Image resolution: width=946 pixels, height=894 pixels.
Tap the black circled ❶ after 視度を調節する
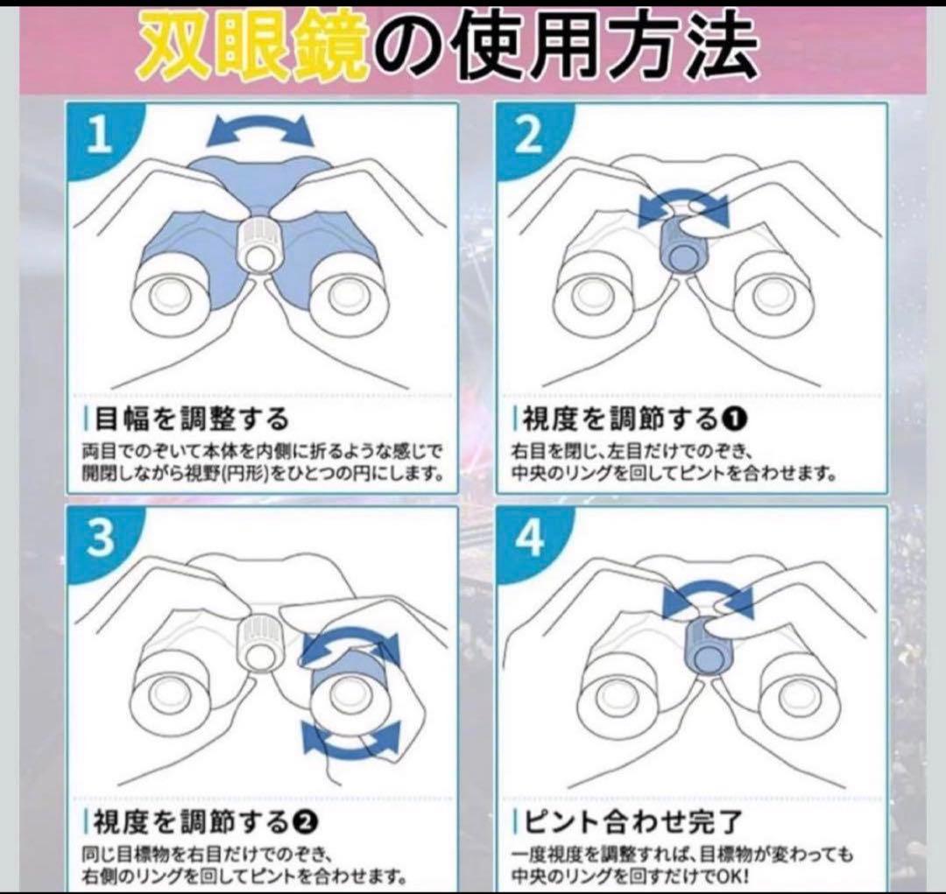pyautogui.click(x=734, y=419)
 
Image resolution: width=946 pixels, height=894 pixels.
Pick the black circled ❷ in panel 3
pyautogui.click(x=305, y=821)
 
